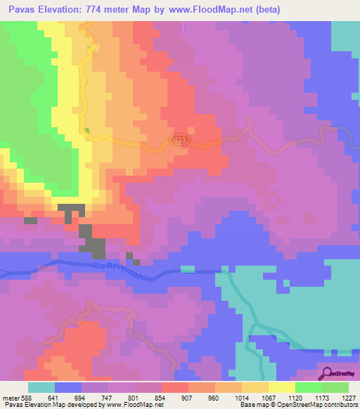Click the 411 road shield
(179, 140)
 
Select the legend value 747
(108, 398)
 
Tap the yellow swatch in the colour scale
(282, 387)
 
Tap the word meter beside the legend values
(11, 398)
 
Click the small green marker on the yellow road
(87, 130)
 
